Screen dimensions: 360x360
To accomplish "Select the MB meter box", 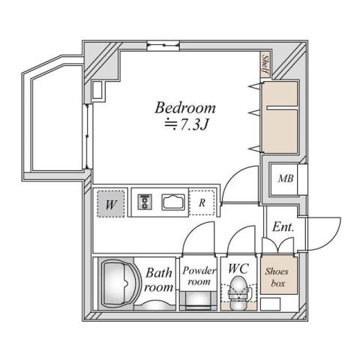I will [286, 178].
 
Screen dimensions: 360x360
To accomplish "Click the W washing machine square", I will [110, 202].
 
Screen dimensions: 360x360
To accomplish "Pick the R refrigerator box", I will [202, 202].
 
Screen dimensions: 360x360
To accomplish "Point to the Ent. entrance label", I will [283, 226].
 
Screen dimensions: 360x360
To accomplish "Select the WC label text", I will [238, 268].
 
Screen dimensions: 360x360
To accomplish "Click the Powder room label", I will [199, 275].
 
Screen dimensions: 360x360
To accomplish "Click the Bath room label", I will [159, 279].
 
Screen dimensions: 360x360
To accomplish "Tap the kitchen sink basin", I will [175, 202].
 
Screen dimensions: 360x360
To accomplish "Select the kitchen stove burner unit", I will [145, 202].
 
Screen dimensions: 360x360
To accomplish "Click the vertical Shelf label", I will [265, 62].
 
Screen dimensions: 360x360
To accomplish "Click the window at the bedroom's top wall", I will [157, 46].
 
